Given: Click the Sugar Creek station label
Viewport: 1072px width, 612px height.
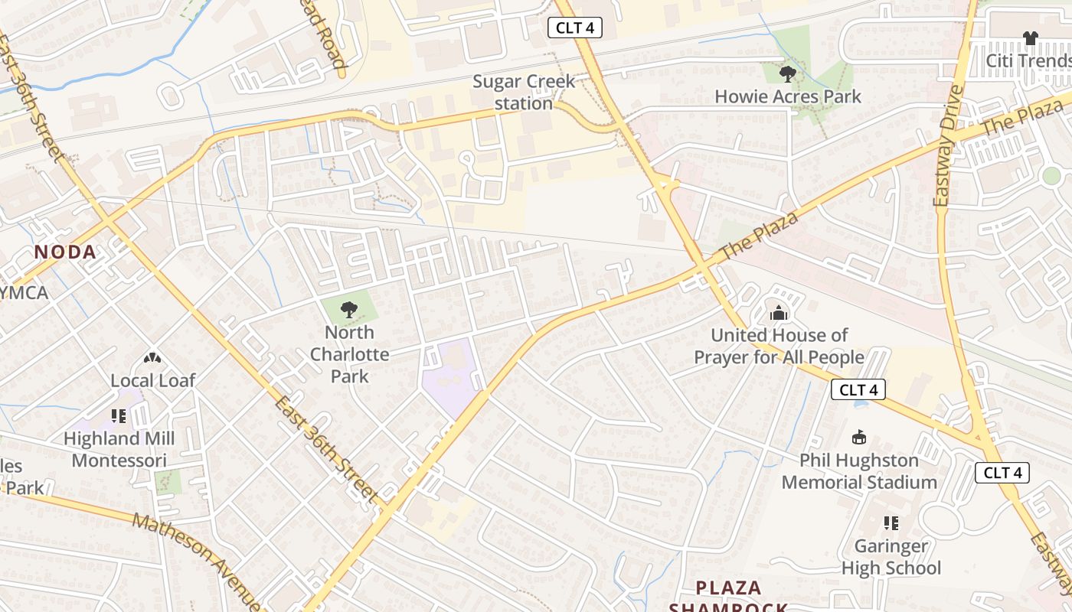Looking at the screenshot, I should tap(524, 92).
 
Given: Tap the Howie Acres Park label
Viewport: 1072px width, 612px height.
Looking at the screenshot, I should tap(788, 96).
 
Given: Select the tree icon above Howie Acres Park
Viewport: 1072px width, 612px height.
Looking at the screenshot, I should tap(787, 73).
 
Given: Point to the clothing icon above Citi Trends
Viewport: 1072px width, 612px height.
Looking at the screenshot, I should tap(1030, 37).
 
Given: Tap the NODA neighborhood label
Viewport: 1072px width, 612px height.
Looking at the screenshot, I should tap(66, 252).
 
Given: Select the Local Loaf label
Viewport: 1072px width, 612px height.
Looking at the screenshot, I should tap(153, 380).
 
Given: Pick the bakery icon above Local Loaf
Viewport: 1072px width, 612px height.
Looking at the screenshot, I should tap(152, 358).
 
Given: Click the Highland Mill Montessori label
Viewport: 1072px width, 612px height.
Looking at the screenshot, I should tap(119, 450).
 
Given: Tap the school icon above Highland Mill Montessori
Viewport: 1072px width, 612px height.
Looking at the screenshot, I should tap(119, 416).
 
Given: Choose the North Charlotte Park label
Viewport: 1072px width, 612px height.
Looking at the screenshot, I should tap(350, 354).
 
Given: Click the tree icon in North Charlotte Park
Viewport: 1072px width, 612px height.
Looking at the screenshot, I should tap(349, 310).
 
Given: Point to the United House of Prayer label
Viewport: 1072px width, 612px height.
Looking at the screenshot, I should tap(779, 347).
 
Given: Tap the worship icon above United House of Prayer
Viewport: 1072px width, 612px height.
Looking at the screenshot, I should tap(779, 313).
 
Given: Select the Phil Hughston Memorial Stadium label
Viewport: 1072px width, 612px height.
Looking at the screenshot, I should tap(859, 471).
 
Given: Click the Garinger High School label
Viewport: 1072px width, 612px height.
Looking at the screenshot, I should tap(891, 557).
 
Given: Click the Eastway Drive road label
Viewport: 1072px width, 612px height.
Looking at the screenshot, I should tap(949, 145).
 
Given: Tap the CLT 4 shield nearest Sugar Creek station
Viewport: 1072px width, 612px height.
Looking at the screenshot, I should tap(575, 28).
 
